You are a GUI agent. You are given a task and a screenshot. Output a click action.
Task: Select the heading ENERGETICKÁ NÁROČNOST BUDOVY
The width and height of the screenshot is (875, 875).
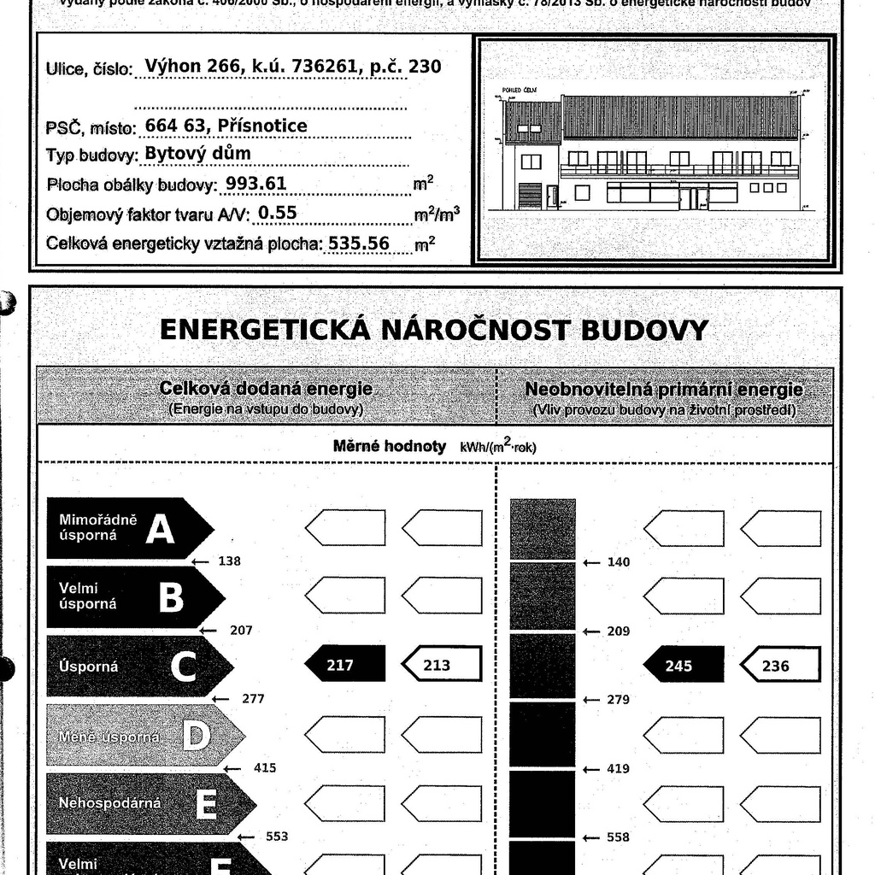click(x=434, y=330)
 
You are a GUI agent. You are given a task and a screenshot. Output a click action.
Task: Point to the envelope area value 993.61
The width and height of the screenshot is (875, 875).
click(x=255, y=184)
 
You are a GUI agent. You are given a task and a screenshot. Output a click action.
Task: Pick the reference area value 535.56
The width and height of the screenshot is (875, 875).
click(x=359, y=243)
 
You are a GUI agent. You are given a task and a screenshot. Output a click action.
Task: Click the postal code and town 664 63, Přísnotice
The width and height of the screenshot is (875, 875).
click(x=226, y=126)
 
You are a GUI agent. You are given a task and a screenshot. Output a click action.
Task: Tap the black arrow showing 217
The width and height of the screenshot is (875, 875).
click(x=344, y=665)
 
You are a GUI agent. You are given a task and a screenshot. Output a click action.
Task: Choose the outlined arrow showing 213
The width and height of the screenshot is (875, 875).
click(x=442, y=665)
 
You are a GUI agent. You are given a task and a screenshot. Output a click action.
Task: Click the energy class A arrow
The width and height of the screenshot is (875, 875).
click(x=128, y=529)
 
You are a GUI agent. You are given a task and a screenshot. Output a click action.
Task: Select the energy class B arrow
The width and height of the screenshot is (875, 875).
click(x=134, y=597)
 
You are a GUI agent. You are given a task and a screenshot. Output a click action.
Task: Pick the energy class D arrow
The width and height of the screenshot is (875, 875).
click(x=144, y=735)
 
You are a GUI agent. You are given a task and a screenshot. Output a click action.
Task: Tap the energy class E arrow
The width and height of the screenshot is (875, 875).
click(x=150, y=803)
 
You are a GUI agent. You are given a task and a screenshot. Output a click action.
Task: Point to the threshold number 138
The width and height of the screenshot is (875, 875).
click(x=229, y=561)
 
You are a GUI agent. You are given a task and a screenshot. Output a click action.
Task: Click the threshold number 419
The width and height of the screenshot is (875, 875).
click(x=618, y=768)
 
